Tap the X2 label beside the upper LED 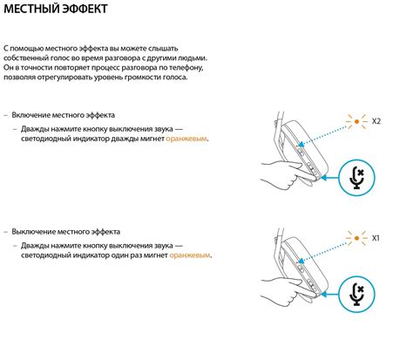coord(376,121)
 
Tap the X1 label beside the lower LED coord(376,238)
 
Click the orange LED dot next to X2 coord(356,121)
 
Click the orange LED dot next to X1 coord(356,238)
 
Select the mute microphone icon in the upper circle coord(357,178)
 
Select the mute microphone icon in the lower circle coord(357,295)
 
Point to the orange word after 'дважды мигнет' coord(186,139)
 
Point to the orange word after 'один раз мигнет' coord(190,255)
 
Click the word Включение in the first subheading coord(30,115)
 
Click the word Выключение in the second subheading coord(33,232)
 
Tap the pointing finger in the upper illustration coord(305,172)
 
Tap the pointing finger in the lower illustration coord(305,289)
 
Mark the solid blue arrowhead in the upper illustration coord(325,178)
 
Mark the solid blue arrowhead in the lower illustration coord(325,295)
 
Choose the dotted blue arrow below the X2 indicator coord(322,135)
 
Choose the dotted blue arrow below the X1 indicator coord(322,252)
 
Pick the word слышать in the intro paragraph coord(163,49)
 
